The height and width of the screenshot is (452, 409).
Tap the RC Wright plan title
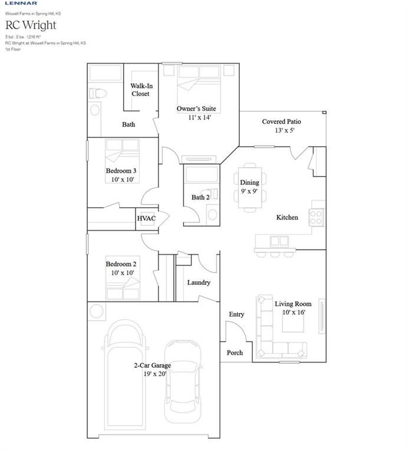tap(31, 25)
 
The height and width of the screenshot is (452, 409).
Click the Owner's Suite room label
tap(196, 109)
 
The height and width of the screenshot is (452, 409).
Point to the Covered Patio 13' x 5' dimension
tap(278, 131)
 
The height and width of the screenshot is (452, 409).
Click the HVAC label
tap(146, 219)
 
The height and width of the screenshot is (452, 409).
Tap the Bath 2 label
tap(200, 197)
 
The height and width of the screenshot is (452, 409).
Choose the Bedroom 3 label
tap(121, 171)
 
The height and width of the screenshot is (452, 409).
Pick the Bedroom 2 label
tap(121, 264)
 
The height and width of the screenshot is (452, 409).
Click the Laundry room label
tap(199, 282)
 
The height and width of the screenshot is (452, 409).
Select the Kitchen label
tap(287, 217)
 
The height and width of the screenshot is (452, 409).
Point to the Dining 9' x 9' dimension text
tap(249, 191)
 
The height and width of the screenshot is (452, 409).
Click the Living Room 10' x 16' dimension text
tap(293, 313)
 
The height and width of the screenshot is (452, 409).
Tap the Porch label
tap(235, 353)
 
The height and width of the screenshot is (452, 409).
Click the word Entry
tap(236, 314)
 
